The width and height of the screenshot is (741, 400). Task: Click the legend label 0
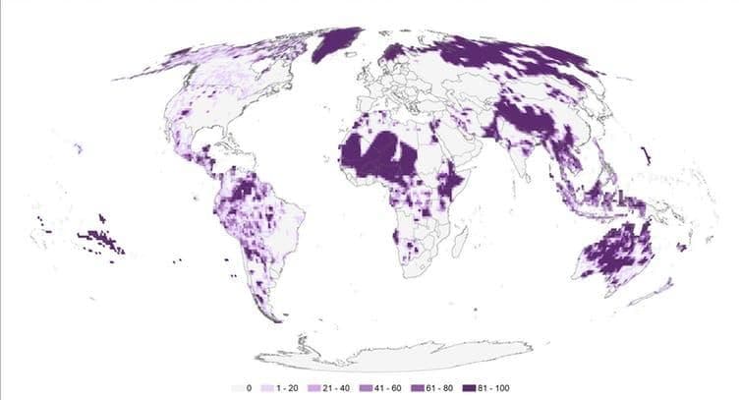pyautogui.click(x=251, y=389)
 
